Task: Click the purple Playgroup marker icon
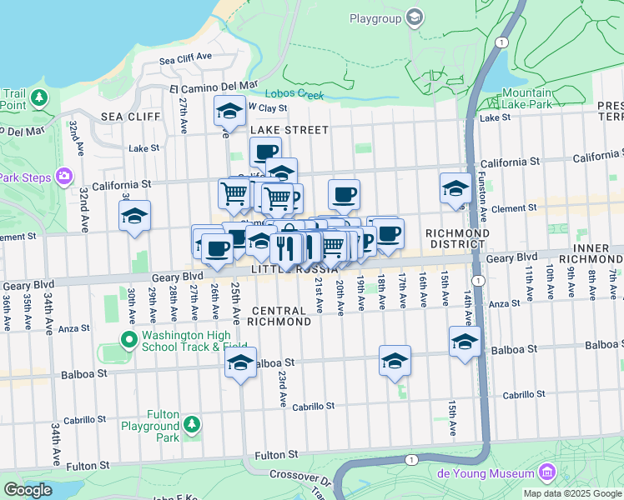[x=414, y=18]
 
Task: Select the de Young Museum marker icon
[x=547, y=473]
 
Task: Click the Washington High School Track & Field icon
[x=128, y=340]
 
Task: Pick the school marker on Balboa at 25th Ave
[x=240, y=362]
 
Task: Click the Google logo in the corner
[x=28, y=490]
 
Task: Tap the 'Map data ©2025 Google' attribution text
[x=572, y=493]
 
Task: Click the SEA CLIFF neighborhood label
[x=130, y=117]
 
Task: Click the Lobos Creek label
[x=294, y=95]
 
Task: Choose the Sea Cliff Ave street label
[x=185, y=59]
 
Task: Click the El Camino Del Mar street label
[x=214, y=85]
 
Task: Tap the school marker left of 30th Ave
[x=134, y=216]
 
